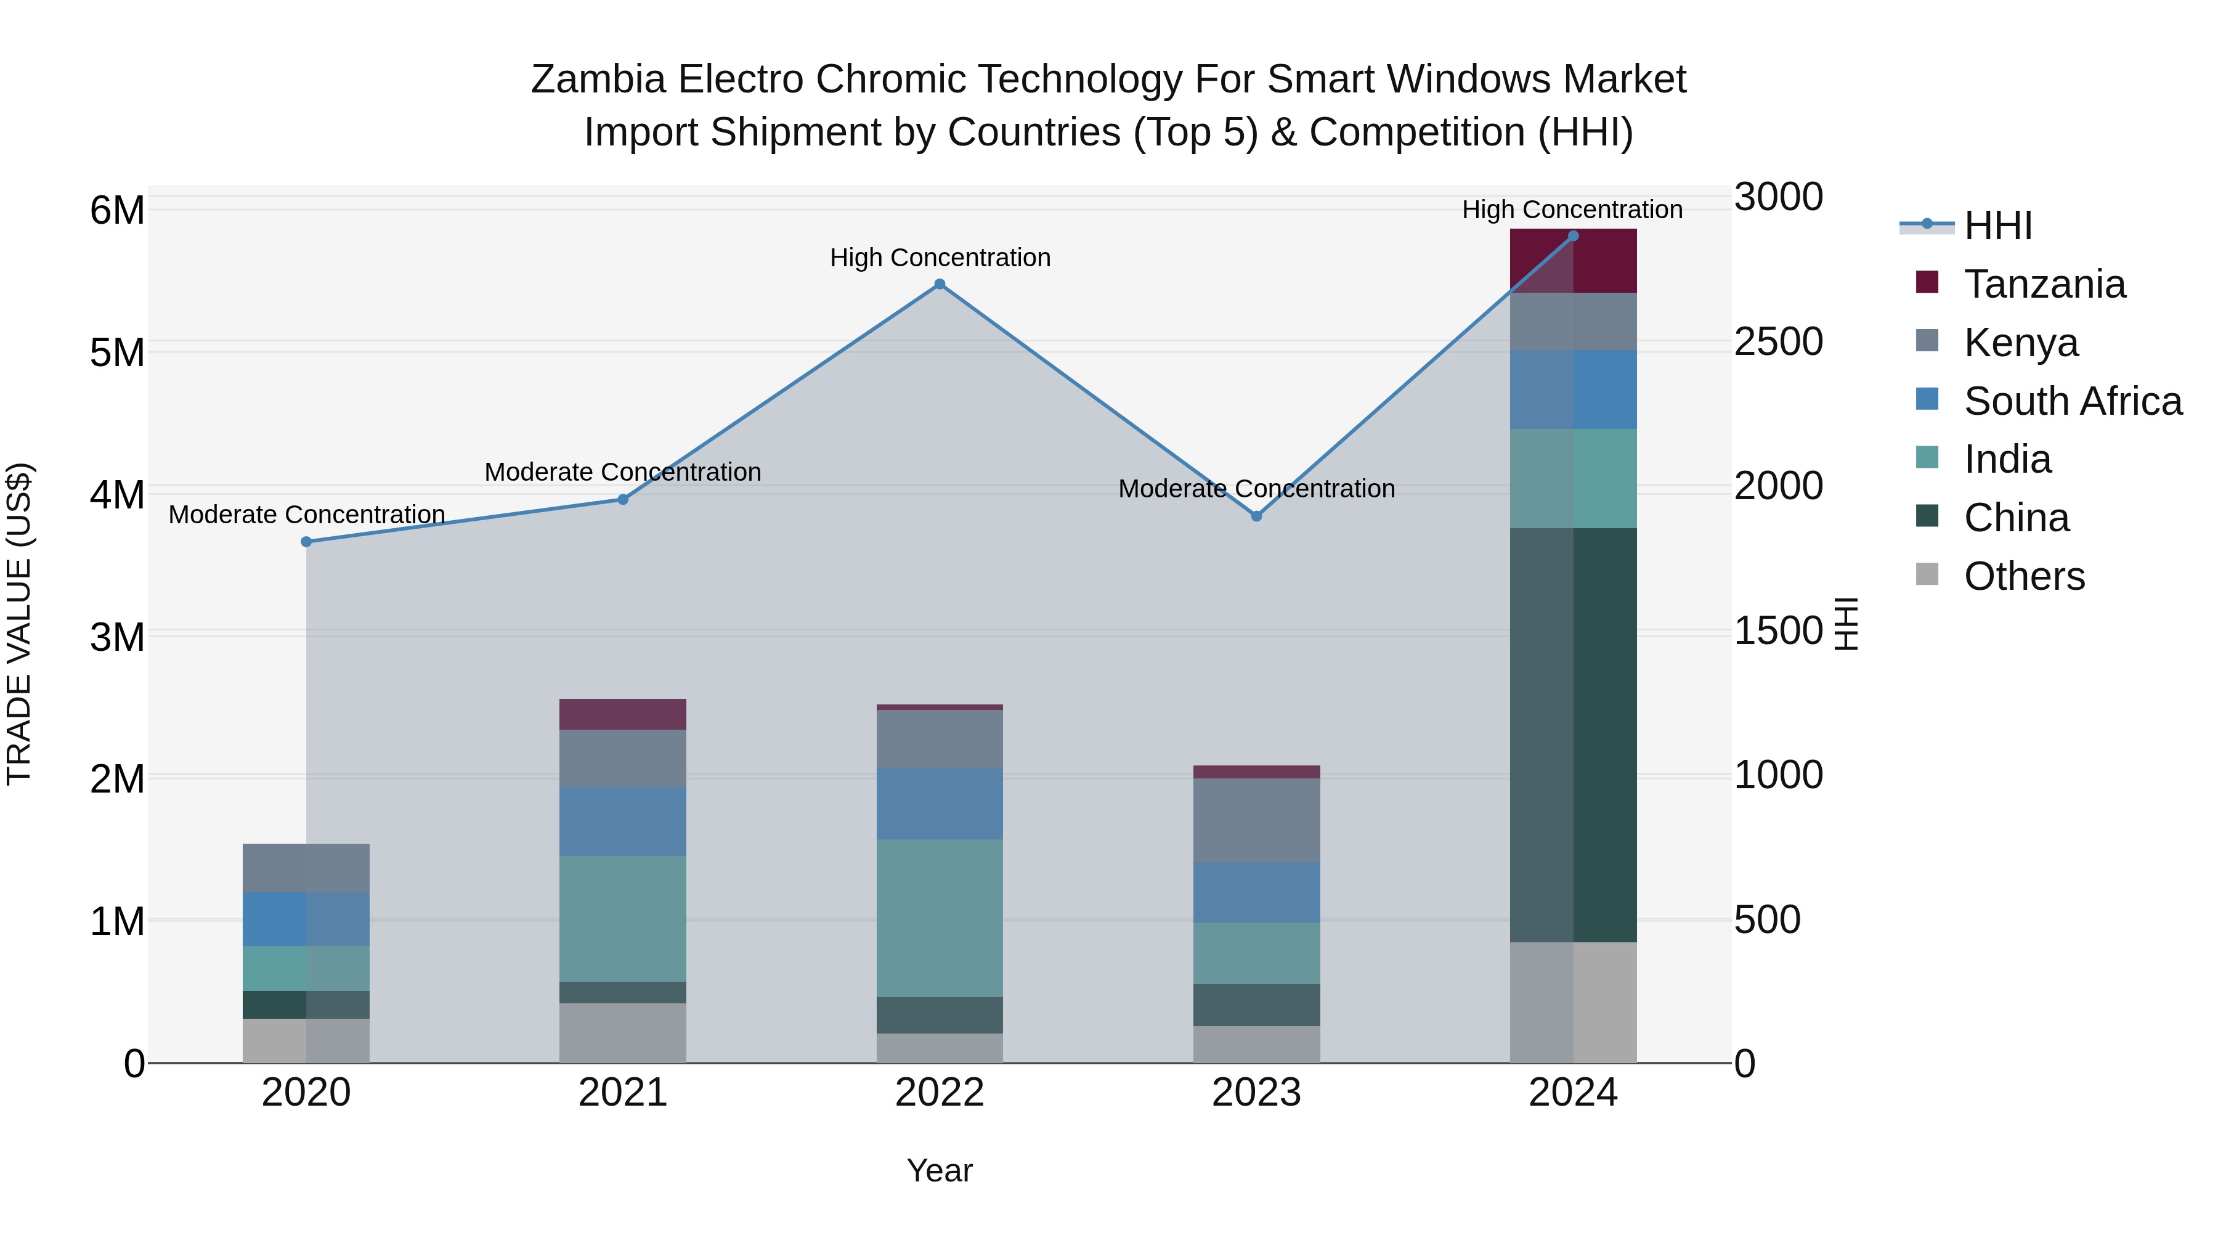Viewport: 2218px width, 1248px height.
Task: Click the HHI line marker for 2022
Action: (940, 284)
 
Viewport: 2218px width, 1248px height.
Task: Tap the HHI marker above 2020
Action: (307, 542)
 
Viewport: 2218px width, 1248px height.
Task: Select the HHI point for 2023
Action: (1256, 516)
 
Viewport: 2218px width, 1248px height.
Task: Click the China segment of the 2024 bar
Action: (1573, 735)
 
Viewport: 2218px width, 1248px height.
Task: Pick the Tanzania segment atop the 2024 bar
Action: (1573, 261)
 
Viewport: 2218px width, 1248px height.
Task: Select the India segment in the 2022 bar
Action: (940, 918)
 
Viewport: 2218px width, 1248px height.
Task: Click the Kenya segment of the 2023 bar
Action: (1256, 820)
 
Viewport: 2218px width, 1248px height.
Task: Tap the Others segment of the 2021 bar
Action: (622, 1033)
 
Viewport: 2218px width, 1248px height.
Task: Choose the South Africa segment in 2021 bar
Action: (622, 821)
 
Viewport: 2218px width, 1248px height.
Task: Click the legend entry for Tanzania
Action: (2044, 284)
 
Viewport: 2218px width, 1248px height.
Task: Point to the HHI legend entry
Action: (1997, 226)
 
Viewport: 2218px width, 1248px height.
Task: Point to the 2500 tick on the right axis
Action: (1778, 341)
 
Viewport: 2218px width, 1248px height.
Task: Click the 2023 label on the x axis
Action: (1256, 1093)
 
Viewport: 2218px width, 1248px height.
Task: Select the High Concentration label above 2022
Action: (940, 258)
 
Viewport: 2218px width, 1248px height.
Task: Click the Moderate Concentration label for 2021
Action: (622, 472)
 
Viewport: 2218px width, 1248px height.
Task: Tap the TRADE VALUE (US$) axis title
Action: (19, 624)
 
